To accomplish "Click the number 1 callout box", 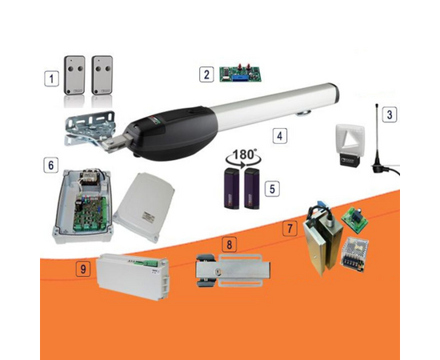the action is [51, 78].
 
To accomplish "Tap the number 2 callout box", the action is [206, 74].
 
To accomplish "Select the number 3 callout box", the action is [390, 114].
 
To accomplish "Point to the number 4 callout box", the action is [279, 136].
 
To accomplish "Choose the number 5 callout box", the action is [272, 189].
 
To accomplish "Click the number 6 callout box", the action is [50, 165].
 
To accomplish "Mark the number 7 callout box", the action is [290, 228].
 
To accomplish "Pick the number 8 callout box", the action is [230, 244].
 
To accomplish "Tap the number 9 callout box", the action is [83, 269].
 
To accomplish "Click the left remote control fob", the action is [74, 75].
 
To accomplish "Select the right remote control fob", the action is [102, 75].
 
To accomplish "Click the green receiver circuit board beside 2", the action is [240, 74].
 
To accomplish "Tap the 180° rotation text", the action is [244, 154].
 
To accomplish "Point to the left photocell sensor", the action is [231, 189].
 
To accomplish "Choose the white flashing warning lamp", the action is [350, 145].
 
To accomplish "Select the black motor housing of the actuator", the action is [173, 133].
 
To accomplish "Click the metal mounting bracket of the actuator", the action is [90, 129].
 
